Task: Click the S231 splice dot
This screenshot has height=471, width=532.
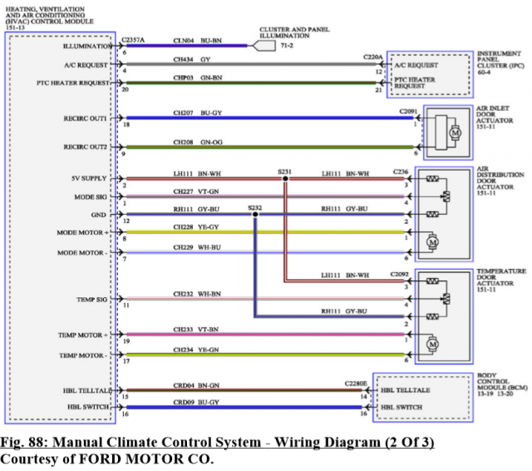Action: [x=285, y=179]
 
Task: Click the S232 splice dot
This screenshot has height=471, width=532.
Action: [x=255, y=214]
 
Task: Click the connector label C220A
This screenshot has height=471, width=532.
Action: [x=373, y=57]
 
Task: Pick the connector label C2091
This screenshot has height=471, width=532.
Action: [x=408, y=111]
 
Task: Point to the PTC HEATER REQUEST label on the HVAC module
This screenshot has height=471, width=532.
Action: [x=72, y=83]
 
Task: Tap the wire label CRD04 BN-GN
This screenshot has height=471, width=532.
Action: [x=196, y=384]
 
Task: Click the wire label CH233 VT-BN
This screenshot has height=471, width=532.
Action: [x=196, y=329]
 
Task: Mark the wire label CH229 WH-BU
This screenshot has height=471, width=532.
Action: [x=196, y=247]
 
